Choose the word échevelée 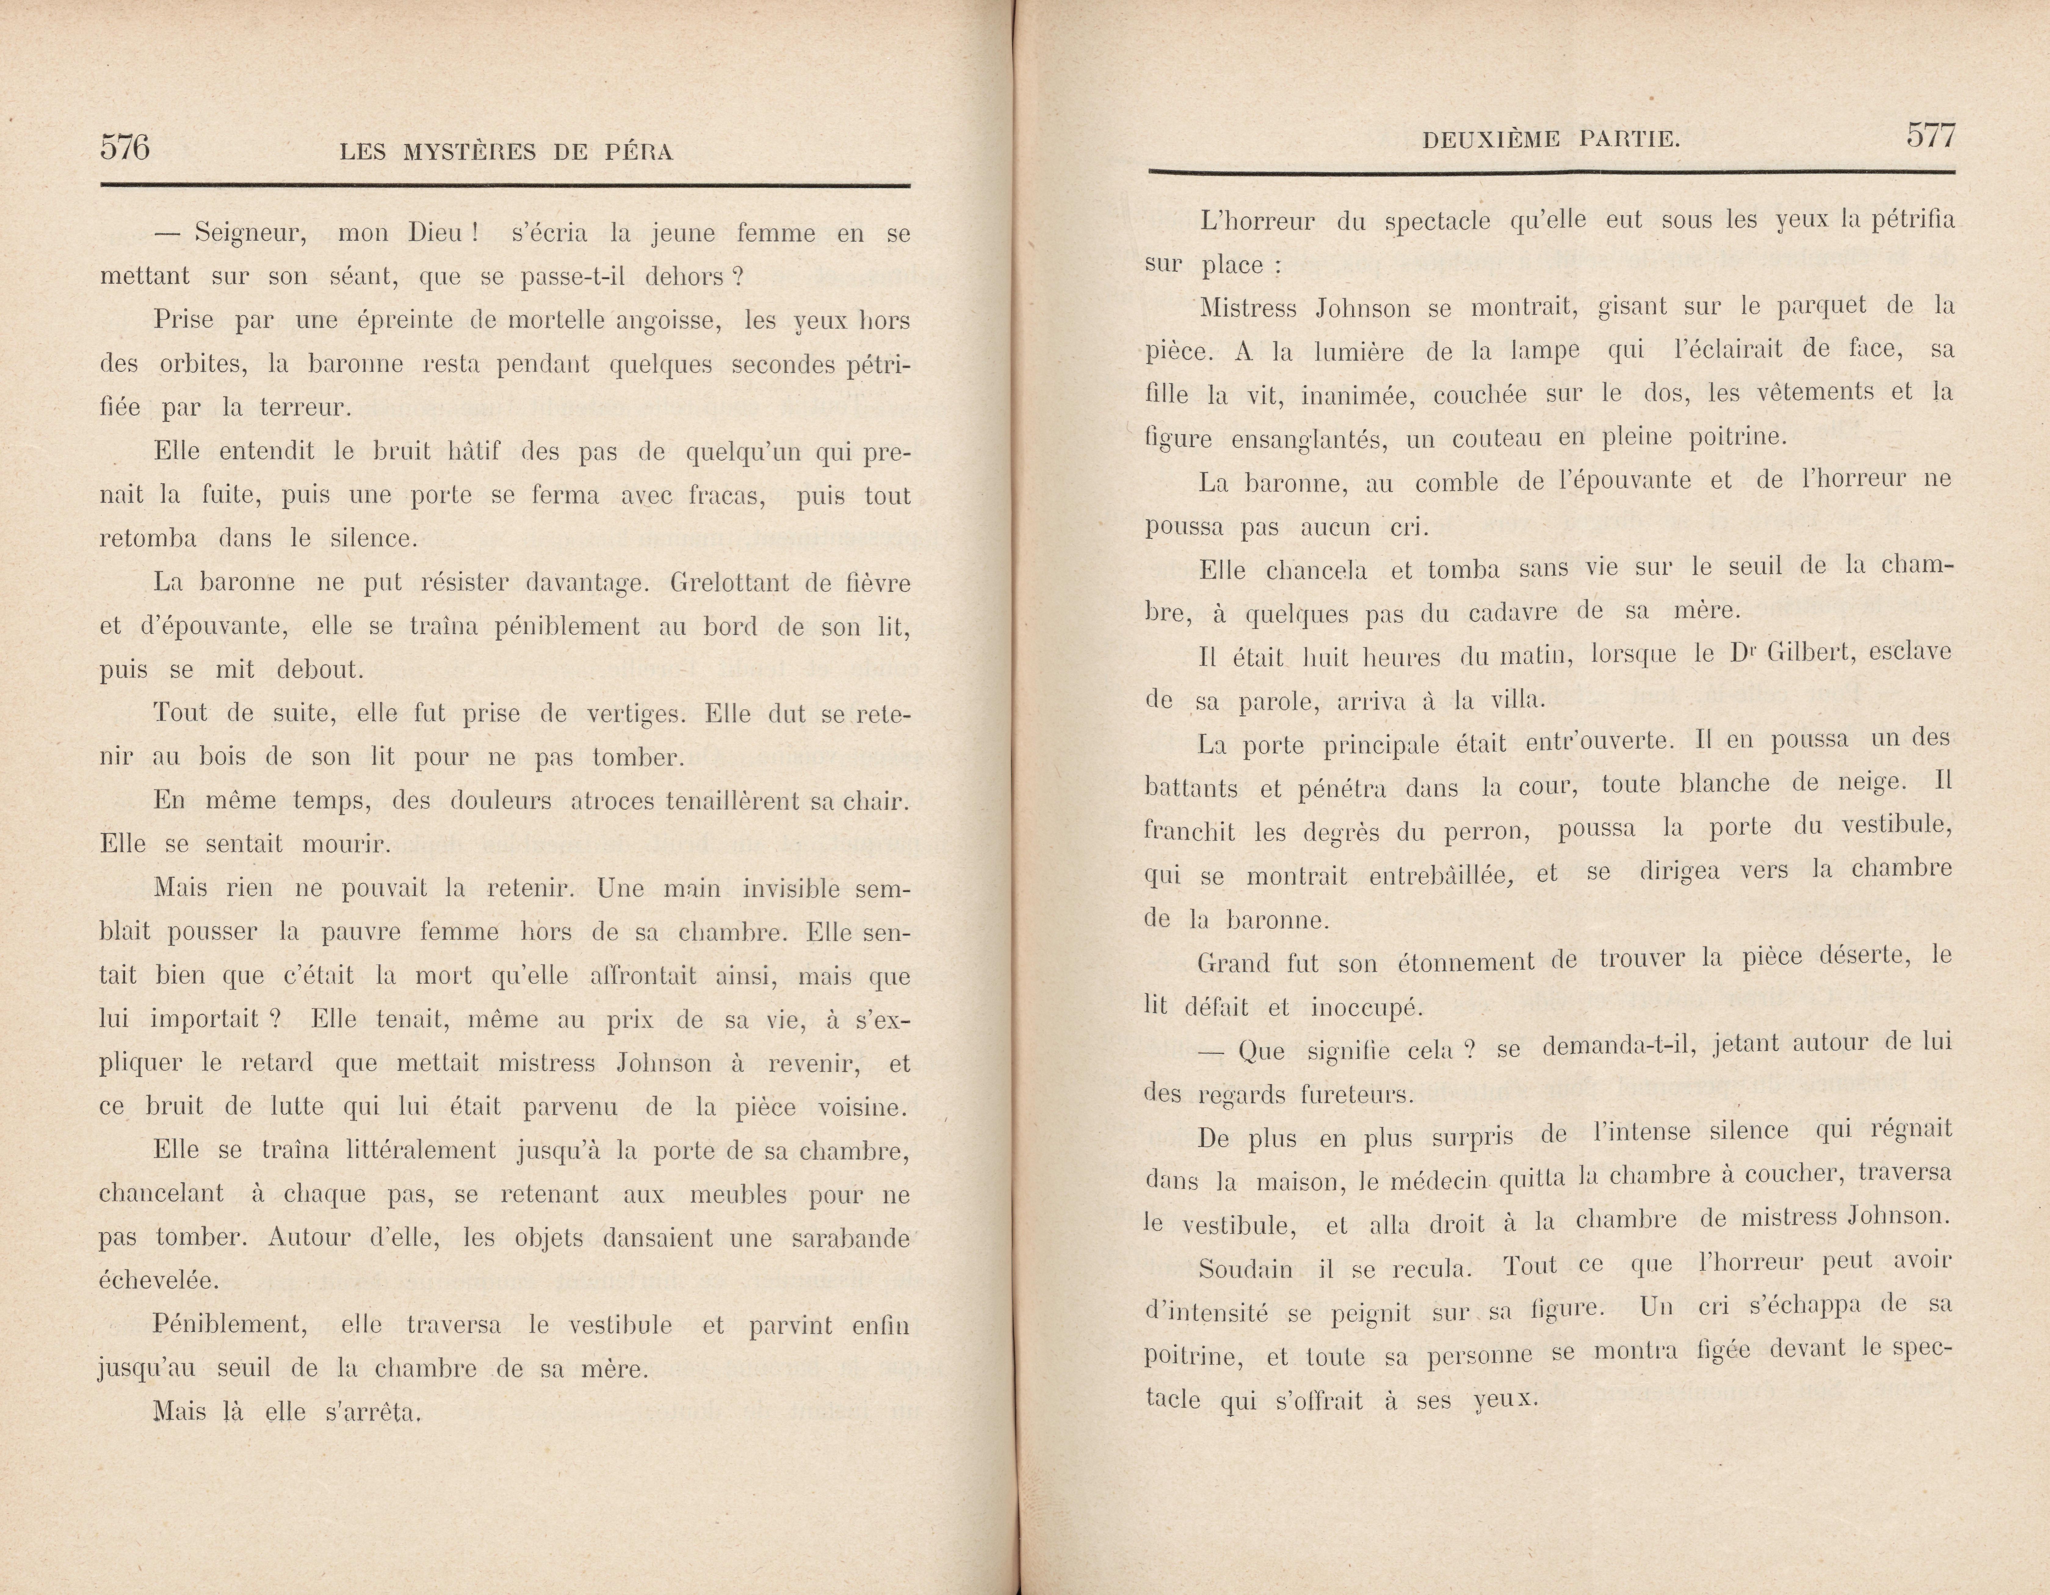158,1281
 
